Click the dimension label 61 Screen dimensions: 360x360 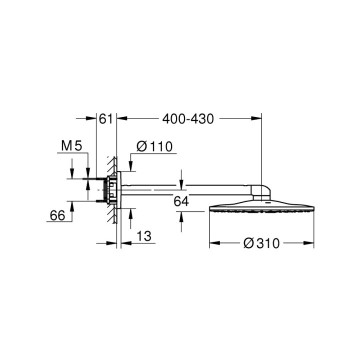104,119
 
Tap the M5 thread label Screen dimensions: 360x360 71,146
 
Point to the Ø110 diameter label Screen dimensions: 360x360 154,146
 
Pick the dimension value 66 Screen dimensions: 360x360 58,215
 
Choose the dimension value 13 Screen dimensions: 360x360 143,235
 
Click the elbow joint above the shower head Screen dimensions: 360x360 263,192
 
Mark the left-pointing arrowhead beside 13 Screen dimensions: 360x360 122,243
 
